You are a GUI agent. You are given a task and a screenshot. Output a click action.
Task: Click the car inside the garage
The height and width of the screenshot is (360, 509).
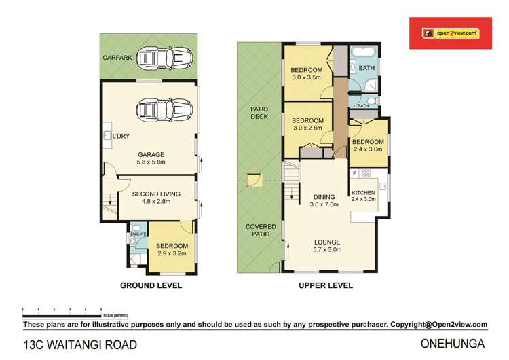tap(161, 109)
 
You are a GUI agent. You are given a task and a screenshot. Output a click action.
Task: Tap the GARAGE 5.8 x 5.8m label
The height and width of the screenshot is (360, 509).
tap(151, 158)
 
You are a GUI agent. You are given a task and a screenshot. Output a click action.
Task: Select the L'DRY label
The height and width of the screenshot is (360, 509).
tap(120, 137)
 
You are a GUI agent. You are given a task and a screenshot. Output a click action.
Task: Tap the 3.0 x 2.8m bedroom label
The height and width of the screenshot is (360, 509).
tap(307, 124)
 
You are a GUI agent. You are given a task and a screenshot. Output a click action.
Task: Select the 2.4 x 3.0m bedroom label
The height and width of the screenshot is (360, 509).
tap(367, 145)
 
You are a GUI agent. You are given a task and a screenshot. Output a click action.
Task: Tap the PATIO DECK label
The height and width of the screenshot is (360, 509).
tap(259, 112)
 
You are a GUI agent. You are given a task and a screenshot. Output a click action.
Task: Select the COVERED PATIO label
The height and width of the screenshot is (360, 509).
tap(259, 229)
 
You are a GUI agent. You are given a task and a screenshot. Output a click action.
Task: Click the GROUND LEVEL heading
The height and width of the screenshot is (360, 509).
tap(151, 286)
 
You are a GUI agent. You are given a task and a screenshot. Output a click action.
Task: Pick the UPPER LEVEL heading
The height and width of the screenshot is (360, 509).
tap(326, 286)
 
